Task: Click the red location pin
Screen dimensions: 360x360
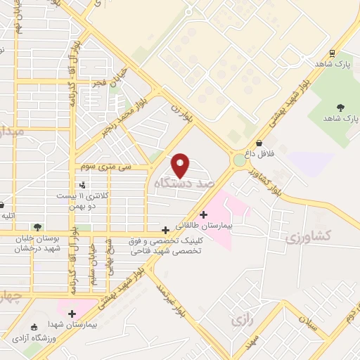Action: [181, 165]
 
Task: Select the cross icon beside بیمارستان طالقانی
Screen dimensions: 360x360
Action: [204, 214]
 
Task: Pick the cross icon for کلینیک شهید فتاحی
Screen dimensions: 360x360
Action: [165, 229]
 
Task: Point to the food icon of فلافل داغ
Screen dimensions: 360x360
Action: [259, 142]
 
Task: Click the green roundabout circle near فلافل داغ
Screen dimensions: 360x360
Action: [240, 160]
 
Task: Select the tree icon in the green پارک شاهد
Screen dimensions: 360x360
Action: [340, 108]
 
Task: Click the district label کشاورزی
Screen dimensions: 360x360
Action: [304, 236]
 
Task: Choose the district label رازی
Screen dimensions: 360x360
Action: [240, 320]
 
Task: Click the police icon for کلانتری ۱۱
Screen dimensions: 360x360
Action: [83, 185]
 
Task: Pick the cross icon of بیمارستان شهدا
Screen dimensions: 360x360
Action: [72, 313]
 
